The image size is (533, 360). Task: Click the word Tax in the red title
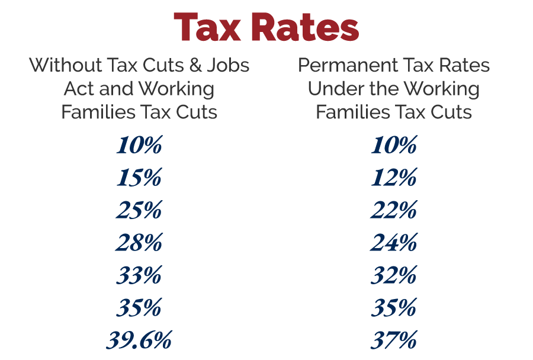pyautogui.click(x=210, y=27)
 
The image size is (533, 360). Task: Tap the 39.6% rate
pyautogui.click(x=139, y=340)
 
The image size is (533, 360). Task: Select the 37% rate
pyautogui.click(x=394, y=340)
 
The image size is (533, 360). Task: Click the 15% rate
pyautogui.click(x=139, y=178)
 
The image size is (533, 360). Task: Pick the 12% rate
pyautogui.click(x=394, y=178)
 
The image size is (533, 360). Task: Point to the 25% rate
pyautogui.click(x=139, y=210)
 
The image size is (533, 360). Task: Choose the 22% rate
pyautogui.click(x=394, y=210)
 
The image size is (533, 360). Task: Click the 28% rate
pyautogui.click(x=139, y=243)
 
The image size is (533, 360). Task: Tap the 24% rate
pyautogui.click(x=394, y=243)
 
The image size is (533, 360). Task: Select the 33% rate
pyautogui.click(x=139, y=275)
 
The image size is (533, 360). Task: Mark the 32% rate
pyautogui.click(x=394, y=275)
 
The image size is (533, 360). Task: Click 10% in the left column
pyautogui.click(x=139, y=145)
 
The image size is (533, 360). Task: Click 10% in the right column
pyautogui.click(x=394, y=145)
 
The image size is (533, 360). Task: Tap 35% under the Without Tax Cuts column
pyautogui.click(x=139, y=308)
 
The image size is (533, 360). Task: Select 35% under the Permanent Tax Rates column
pyautogui.click(x=394, y=308)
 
